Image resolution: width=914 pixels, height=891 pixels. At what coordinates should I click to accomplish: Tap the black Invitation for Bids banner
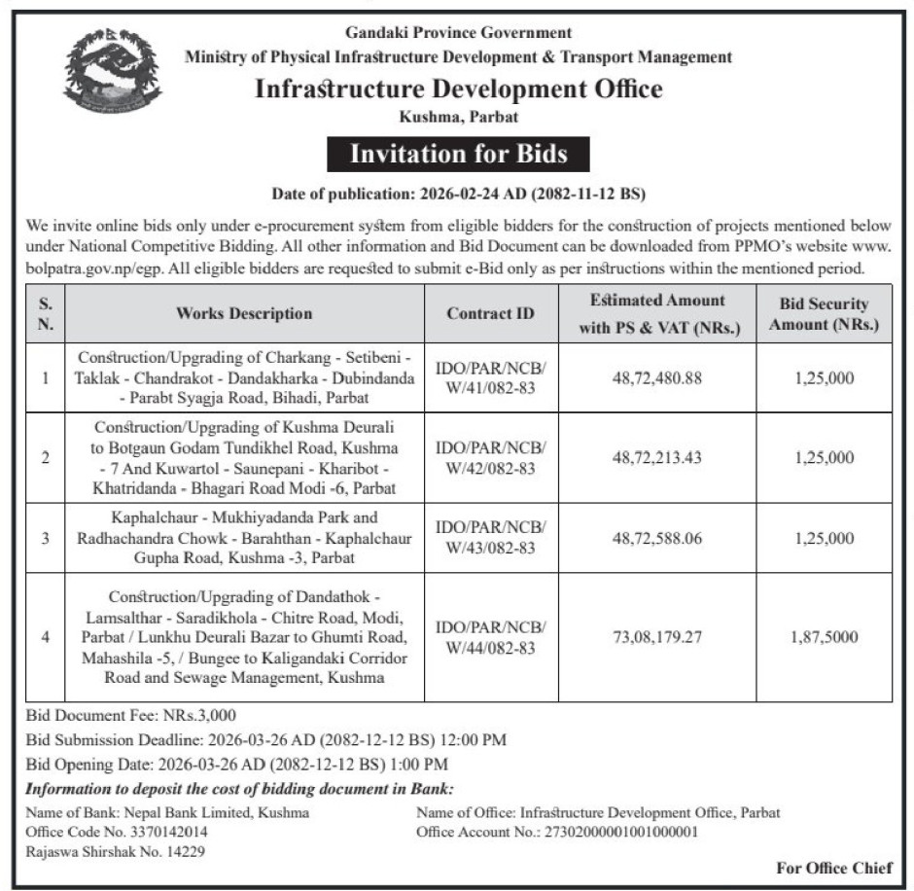tap(457, 154)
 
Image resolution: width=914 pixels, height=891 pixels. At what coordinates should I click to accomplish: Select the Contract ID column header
tap(490, 313)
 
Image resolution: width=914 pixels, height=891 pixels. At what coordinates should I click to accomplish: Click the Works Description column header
tap(244, 313)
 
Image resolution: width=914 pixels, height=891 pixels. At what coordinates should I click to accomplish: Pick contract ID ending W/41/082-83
tap(491, 377)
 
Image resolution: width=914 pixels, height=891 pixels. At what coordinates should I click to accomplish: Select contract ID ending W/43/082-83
tap(491, 538)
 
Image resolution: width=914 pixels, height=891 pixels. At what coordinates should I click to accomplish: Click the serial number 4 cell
tap(46, 637)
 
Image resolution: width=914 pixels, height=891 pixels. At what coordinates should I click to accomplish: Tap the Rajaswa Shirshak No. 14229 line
tap(115, 851)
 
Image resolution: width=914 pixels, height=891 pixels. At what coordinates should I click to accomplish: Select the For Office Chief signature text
tap(834, 868)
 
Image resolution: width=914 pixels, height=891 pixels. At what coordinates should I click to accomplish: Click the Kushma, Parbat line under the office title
tap(458, 117)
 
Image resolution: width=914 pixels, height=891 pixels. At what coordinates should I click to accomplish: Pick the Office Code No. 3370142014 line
tap(116, 832)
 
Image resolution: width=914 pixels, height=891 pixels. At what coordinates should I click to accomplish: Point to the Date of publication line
tap(457, 194)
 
